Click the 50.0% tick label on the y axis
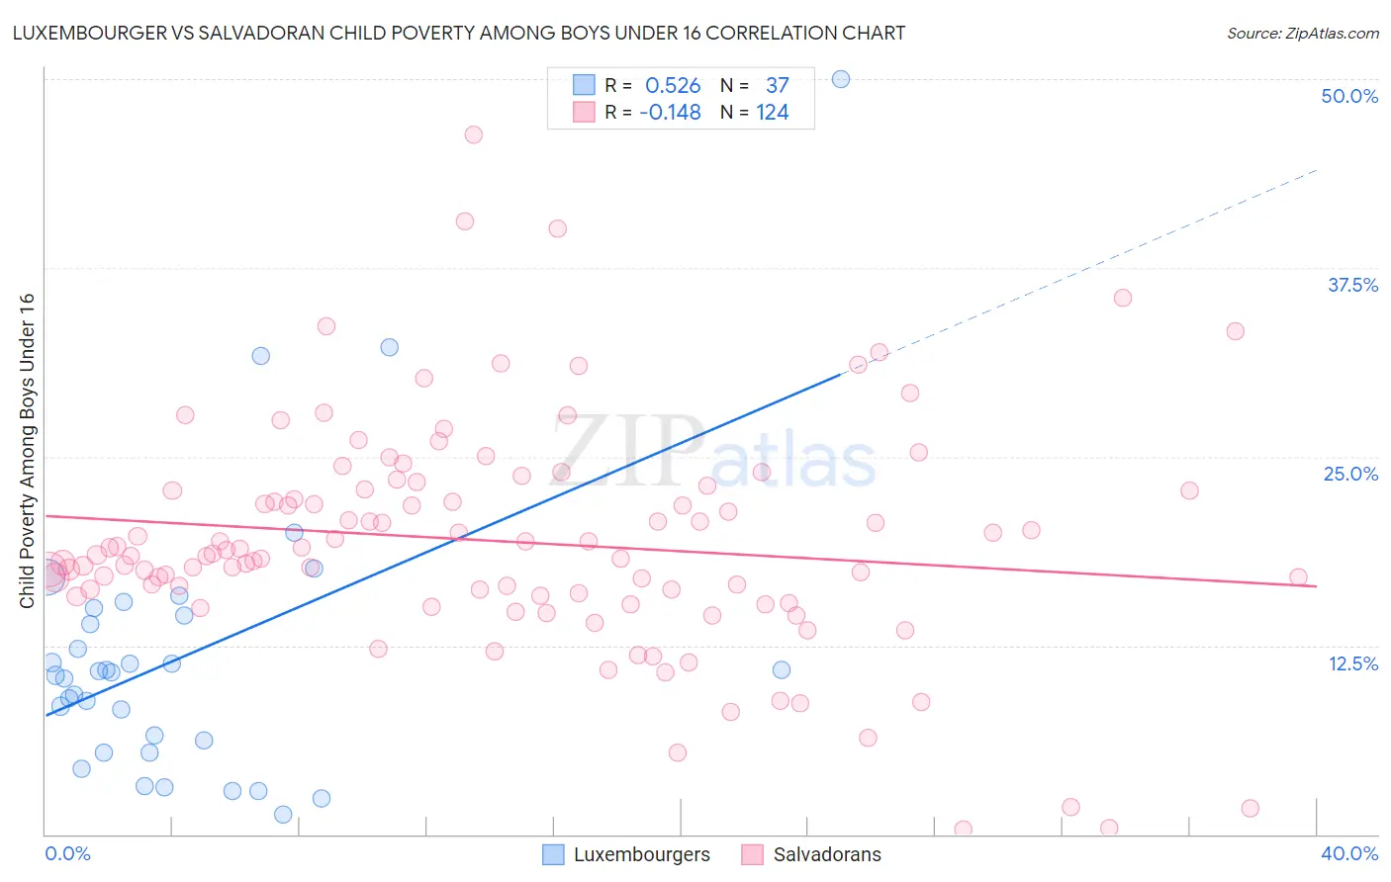(1349, 96)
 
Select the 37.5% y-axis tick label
(1352, 285)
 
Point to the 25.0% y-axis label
(1350, 474)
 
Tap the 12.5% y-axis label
(1352, 663)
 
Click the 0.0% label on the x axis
(68, 853)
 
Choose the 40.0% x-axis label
(1349, 853)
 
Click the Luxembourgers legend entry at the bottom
(641, 854)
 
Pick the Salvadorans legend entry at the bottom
(826, 854)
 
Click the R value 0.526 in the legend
(673, 86)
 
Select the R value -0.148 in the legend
(670, 113)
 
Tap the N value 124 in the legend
(773, 113)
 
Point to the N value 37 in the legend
(777, 86)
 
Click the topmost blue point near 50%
(841, 79)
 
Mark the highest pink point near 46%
(474, 134)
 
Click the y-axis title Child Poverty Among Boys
(27, 451)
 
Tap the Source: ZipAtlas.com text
(1302, 33)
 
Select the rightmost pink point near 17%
(1298, 577)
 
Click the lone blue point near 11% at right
(782, 669)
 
